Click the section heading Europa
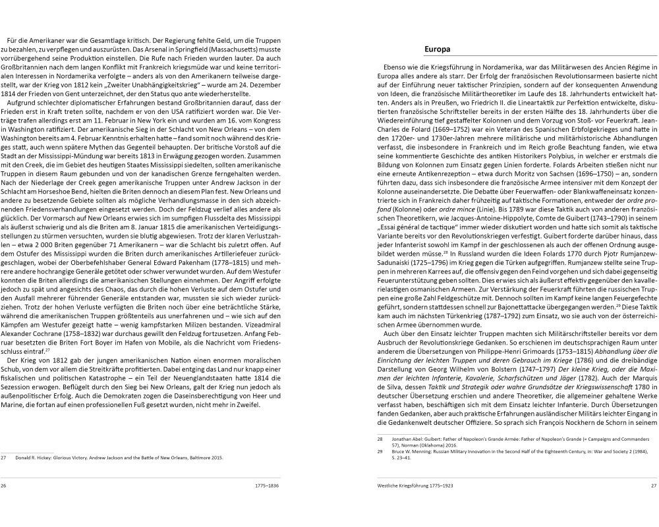click(x=437, y=49)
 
